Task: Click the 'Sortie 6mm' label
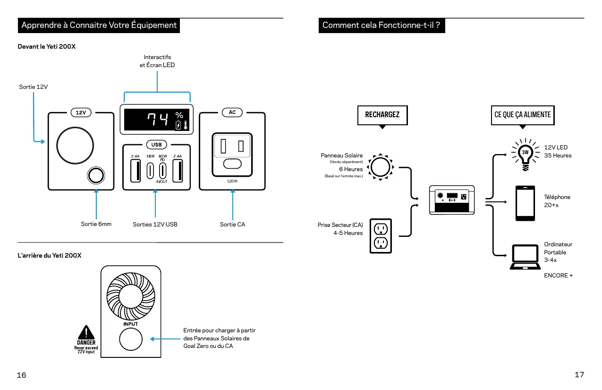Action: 96,224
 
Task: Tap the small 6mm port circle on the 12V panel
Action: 95,175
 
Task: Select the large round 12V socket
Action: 75,145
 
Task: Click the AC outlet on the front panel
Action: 232,151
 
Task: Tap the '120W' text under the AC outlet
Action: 232,181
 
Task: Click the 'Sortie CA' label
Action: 232,224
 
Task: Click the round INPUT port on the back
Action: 131,340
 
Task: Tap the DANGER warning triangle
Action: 86,332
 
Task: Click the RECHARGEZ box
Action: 382,115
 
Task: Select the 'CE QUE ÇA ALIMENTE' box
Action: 522,115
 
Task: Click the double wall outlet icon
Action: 381,235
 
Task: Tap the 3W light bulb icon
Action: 525,153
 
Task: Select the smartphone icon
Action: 525,203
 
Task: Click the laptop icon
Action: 524,257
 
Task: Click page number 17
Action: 579,375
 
